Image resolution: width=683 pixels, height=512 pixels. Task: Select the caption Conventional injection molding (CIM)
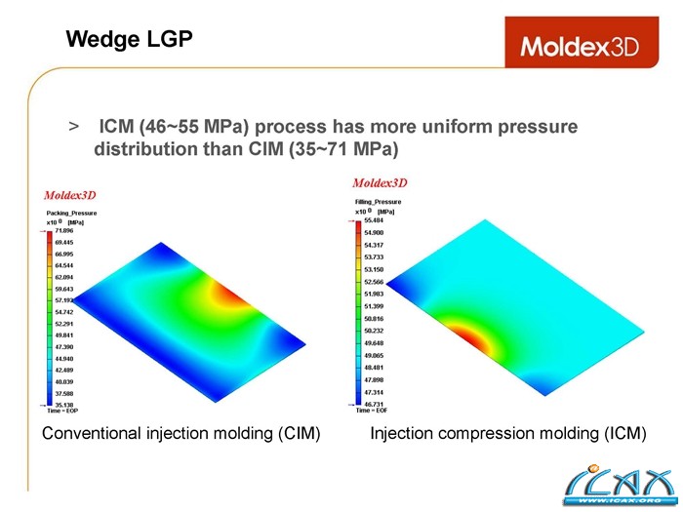click(x=181, y=433)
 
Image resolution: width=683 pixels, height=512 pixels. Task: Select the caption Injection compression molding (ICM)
click(x=508, y=433)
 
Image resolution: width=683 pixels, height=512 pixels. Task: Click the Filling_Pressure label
click(x=379, y=202)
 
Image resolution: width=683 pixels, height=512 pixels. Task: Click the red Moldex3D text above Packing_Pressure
click(x=70, y=195)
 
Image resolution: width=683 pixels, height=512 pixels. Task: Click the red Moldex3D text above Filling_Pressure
click(x=380, y=182)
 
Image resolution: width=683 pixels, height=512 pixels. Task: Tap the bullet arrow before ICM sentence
click(x=73, y=128)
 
